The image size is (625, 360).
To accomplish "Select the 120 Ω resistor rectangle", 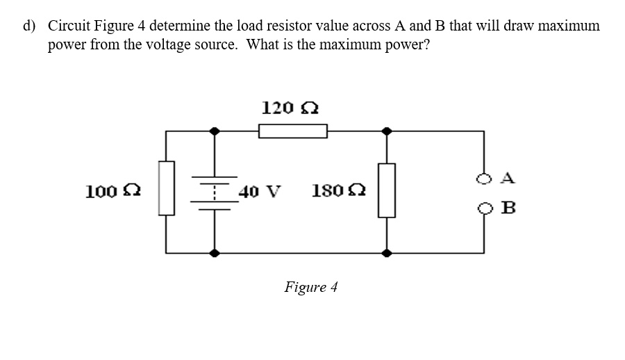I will [292, 131].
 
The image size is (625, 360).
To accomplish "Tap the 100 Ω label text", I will [105, 190].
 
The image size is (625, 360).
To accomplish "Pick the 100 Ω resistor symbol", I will [166, 188].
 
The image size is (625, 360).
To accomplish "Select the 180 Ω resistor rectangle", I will [387, 190].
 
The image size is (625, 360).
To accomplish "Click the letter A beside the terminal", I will [507, 179].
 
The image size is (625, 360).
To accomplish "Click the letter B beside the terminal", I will [507, 208].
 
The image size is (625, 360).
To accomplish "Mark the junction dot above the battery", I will [215, 131].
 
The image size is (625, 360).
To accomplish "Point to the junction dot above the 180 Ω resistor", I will [387, 131].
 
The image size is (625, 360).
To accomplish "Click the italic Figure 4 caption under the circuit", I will [310, 287].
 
